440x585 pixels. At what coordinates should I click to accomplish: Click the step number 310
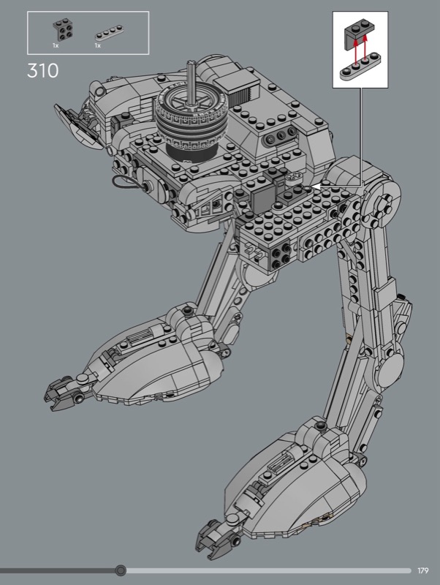43,70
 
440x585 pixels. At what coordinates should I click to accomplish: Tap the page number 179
423,570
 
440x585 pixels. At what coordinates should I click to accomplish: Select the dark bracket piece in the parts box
63,31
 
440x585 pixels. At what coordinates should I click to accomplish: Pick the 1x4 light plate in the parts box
109,32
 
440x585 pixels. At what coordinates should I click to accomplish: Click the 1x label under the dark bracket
56,45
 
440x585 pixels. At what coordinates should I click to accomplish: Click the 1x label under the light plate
98,45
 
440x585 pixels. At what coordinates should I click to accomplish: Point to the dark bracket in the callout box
360,34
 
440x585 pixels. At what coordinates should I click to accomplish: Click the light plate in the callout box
360,67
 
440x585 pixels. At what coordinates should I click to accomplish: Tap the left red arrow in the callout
356,51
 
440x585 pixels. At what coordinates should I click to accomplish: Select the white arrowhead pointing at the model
316,186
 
